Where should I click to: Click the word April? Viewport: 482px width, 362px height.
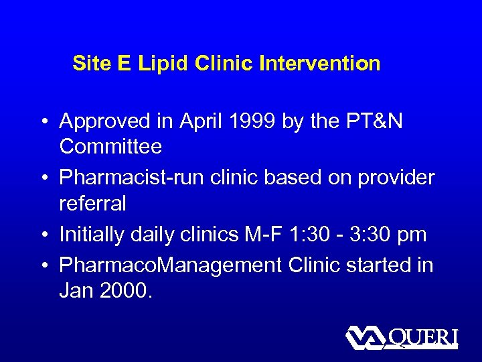point(202,121)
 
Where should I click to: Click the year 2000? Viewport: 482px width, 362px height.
point(128,290)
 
